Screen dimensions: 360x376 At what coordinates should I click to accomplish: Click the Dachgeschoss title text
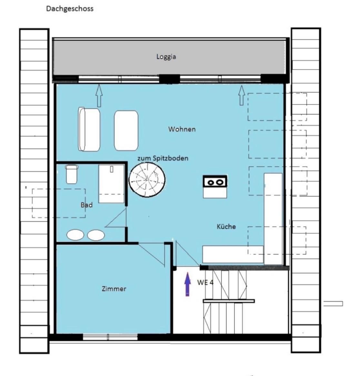tap(70, 9)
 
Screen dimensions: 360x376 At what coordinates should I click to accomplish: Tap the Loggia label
tap(166, 57)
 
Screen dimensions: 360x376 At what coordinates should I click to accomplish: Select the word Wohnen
tap(182, 129)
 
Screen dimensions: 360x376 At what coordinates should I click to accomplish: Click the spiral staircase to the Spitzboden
tap(147, 179)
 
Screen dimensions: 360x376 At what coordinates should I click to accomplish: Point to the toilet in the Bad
tap(72, 174)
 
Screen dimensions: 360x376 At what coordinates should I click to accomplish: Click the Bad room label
tap(86, 205)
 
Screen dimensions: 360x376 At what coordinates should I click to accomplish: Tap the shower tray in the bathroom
tap(111, 183)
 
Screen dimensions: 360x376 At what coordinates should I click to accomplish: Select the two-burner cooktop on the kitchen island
tap(215, 181)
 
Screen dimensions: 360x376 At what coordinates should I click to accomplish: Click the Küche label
tap(226, 227)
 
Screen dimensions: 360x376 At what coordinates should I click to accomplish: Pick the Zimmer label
tap(114, 289)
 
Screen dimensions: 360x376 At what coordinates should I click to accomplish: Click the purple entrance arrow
tap(187, 284)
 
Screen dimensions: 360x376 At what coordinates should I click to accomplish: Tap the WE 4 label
tap(205, 283)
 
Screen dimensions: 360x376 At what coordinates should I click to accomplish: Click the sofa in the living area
tap(89, 129)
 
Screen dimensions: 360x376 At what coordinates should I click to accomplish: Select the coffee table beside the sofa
tap(126, 130)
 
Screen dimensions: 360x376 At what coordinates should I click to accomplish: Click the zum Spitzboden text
tap(163, 158)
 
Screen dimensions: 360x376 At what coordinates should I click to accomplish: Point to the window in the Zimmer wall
tap(110, 337)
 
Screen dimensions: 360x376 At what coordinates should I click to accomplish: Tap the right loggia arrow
tap(242, 95)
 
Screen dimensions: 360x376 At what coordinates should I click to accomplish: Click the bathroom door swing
tap(116, 217)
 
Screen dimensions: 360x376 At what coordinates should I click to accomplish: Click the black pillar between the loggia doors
tap(170, 79)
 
